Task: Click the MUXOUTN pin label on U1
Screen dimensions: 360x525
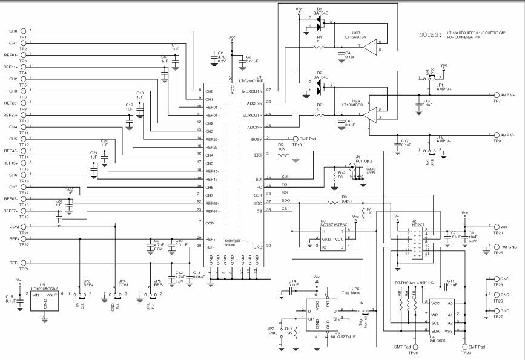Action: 252,91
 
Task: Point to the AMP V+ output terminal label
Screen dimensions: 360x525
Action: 504,95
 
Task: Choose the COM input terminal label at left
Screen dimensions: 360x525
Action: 13,227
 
